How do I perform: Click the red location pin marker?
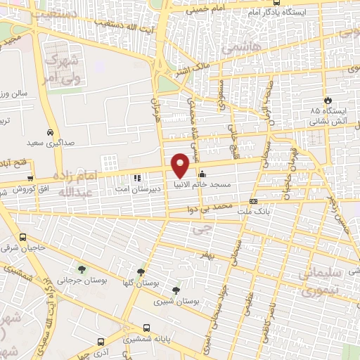[x=181, y=165]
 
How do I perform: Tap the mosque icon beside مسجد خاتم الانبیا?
[x=202, y=174]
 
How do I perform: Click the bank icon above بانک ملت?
[x=253, y=200]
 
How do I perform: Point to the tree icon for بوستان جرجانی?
[x=83, y=269]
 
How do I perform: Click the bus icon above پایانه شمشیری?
[x=146, y=328]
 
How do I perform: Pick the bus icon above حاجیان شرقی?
[x=23, y=237]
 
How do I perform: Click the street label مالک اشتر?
[x=193, y=70]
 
